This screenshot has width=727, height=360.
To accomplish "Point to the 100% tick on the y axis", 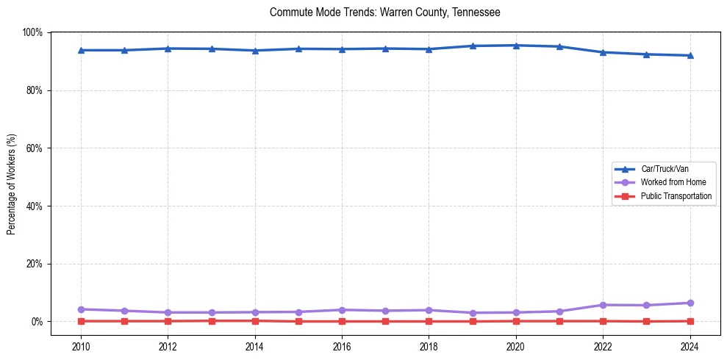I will coord(32,32).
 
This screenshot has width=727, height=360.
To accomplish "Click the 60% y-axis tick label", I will coord(34,148).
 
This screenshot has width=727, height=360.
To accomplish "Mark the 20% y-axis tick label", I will coord(34,264).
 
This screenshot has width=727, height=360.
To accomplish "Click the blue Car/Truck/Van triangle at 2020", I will coord(516,46).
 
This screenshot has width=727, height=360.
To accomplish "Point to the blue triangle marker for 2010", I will coord(81,50).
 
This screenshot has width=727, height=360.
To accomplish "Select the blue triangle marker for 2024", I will coord(690,55).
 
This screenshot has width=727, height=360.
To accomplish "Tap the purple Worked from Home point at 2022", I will coord(603,305).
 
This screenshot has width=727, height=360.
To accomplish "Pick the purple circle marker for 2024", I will coord(690,303).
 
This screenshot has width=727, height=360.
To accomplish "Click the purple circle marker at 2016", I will coord(342,310).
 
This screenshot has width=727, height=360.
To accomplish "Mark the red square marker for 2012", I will coord(168,321).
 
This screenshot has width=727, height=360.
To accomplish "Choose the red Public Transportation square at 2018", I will coord(429,321).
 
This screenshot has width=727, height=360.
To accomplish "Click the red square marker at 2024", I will coord(690,321).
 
